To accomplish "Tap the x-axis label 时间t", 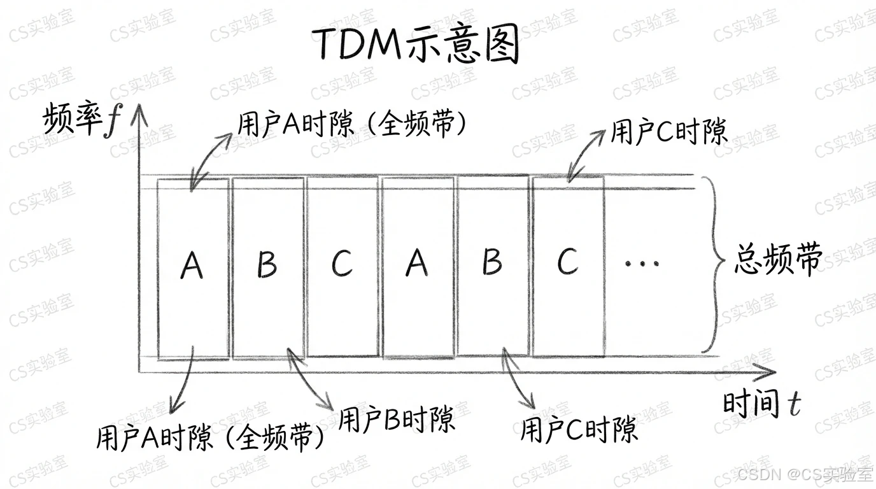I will pyautogui.click(x=761, y=404).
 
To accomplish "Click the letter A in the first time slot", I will pyautogui.click(x=192, y=264).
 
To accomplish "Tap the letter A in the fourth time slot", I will pyautogui.click(x=417, y=262).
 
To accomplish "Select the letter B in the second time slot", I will pyautogui.click(x=267, y=264).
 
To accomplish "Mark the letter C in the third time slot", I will pyautogui.click(x=342, y=263).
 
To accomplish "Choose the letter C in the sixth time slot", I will pyautogui.click(x=567, y=261).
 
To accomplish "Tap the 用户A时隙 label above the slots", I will pyautogui.click(x=352, y=124).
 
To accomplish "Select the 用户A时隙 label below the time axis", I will pyautogui.click(x=211, y=437).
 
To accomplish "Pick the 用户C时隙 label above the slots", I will pyautogui.click(x=668, y=132).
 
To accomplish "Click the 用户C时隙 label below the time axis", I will pyautogui.click(x=578, y=430).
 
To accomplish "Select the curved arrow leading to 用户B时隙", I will pyautogui.click(x=311, y=379).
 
